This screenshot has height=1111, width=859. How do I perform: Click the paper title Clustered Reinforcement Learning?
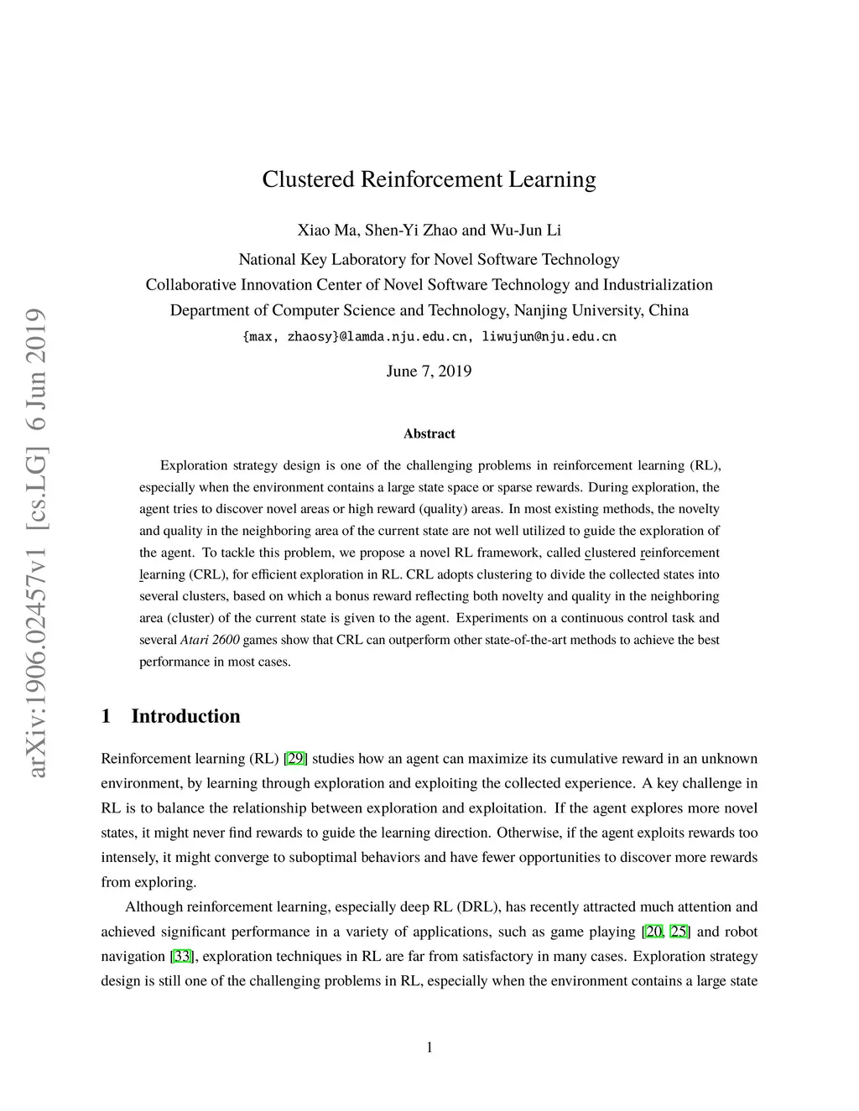[x=429, y=180]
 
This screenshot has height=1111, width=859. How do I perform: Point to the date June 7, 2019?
[x=429, y=371]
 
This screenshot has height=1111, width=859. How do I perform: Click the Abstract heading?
[x=429, y=433]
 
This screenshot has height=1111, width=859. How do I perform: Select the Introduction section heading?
[x=185, y=716]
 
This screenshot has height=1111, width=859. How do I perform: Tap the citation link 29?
[x=295, y=759]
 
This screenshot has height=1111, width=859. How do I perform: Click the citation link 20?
[x=653, y=932]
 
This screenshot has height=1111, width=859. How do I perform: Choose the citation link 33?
[x=182, y=957]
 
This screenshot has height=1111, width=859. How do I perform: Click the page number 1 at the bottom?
[x=429, y=1046]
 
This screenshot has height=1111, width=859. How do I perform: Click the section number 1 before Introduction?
[x=106, y=716]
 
